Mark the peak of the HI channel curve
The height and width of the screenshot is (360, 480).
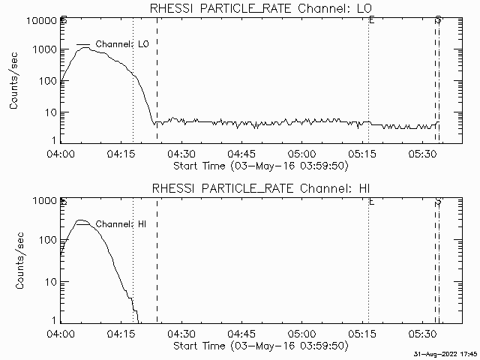82,220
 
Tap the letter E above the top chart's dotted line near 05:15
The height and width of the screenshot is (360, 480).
371,21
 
